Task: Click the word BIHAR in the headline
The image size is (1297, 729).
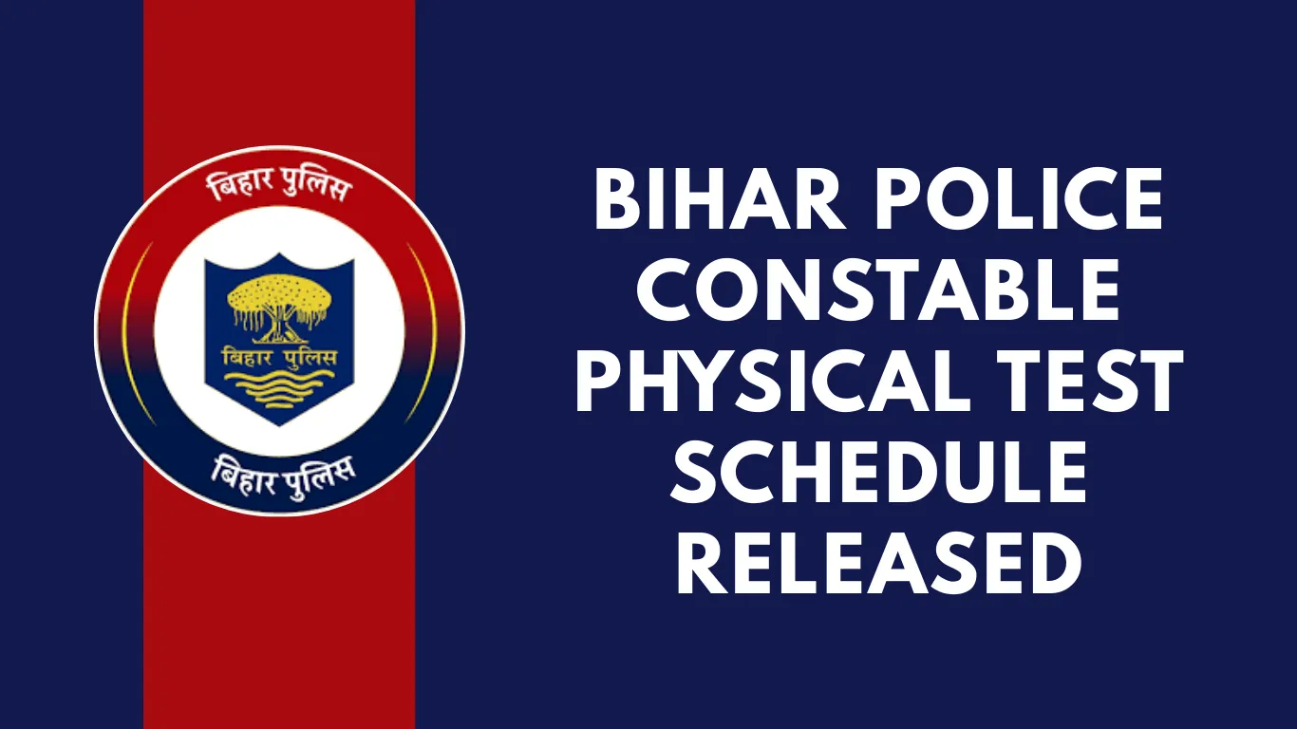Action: (x=720, y=198)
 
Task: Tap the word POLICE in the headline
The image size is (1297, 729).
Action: (x=1019, y=198)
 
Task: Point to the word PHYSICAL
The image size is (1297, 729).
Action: (x=773, y=380)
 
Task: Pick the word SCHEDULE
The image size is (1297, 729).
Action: (x=877, y=471)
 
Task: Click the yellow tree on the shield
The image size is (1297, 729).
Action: (x=280, y=307)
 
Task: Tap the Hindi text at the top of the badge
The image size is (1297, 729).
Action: (x=280, y=183)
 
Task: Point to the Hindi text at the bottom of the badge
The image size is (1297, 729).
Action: (x=283, y=476)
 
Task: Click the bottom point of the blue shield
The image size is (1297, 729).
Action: (x=280, y=425)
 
